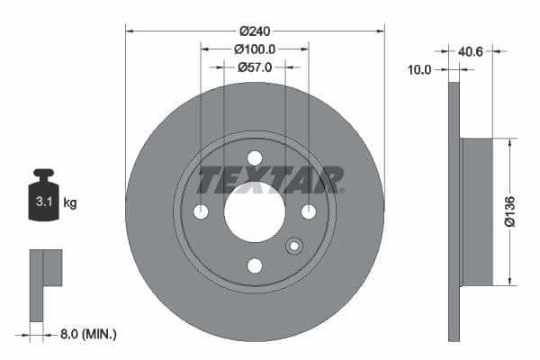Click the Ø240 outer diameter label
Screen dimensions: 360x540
tap(255, 30)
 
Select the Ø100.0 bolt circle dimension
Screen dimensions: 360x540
tap(255, 49)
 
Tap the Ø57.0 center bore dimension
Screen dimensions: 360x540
tap(255, 67)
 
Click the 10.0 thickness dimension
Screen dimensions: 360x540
tap(419, 68)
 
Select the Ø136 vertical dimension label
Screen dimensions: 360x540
tap(508, 211)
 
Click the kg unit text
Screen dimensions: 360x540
tap(70, 203)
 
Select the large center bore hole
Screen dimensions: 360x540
tap(255, 211)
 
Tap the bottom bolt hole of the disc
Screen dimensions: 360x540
tap(255, 265)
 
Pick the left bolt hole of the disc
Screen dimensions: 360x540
tap(201, 211)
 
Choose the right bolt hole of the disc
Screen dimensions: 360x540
tap(309, 211)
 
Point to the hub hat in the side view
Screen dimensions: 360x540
tap(477, 211)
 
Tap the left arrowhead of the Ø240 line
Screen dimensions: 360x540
tap(130, 30)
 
